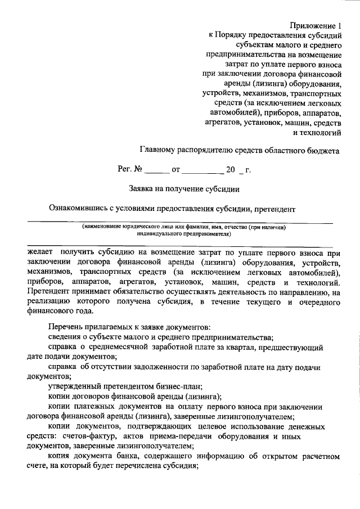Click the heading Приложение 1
pos(316,25)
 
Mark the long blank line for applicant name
pos(180,223)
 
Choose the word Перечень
pos(65,327)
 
